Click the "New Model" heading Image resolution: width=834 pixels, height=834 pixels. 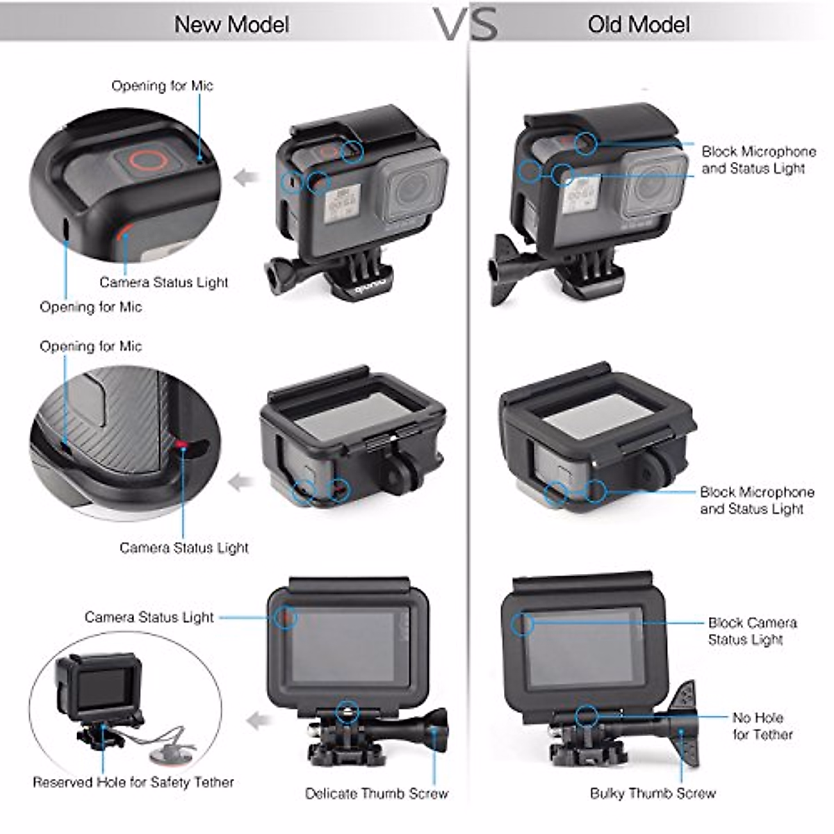coord(231,24)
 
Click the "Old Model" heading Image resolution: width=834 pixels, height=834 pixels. coord(639,24)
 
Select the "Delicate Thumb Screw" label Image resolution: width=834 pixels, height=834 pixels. coord(377,793)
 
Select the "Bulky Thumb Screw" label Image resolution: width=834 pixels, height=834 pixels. coord(653,793)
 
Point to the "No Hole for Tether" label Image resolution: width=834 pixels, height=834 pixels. coord(762,726)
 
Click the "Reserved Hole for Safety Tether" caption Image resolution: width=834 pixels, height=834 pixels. coord(133,782)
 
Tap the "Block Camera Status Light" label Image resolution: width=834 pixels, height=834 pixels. coord(751,630)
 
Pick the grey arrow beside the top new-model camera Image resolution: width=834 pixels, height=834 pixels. coord(245,178)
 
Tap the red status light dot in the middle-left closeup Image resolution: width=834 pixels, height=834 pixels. coord(181,445)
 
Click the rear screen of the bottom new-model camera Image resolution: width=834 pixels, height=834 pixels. coord(343,646)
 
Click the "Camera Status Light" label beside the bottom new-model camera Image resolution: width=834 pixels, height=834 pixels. coord(149,617)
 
